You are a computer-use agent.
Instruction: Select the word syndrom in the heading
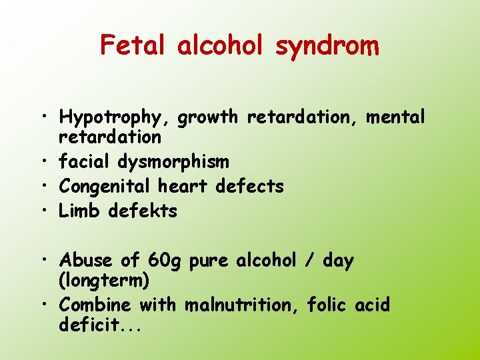(x=327, y=47)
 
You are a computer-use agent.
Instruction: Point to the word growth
(x=208, y=118)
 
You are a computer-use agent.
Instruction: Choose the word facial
(x=85, y=162)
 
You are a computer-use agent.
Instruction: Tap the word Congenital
(x=105, y=187)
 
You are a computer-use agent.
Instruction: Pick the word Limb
(x=81, y=211)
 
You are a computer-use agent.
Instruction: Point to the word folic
(x=327, y=305)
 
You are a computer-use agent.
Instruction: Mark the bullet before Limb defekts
(x=48, y=211)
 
